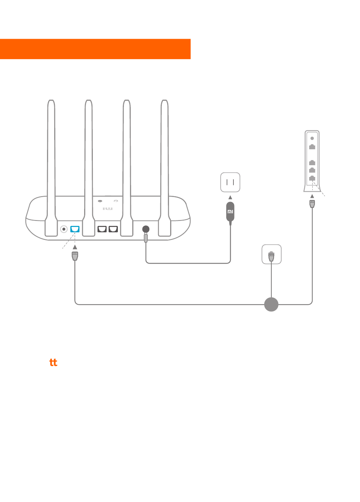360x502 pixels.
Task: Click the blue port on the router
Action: pyautogui.click(x=75, y=229)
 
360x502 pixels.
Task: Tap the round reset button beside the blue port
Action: pyautogui.click(x=64, y=229)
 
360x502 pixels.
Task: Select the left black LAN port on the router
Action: pyautogui.click(x=102, y=229)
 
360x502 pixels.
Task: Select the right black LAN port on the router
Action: pyautogui.click(x=113, y=229)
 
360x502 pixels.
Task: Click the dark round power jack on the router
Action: pyautogui.click(x=146, y=229)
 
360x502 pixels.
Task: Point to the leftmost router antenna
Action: pyautogui.click(x=51, y=168)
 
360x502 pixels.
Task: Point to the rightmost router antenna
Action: pyautogui.click(x=164, y=168)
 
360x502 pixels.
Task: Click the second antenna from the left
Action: pyautogui.click(x=89, y=168)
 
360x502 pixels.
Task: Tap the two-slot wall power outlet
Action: pyautogui.click(x=230, y=182)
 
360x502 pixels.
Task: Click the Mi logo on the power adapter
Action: pyautogui.click(x=230, y=212)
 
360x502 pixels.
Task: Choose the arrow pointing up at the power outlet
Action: pyautogui.click(x=230, y=197)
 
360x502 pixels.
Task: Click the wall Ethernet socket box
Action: pyautogui.click(x=271, y=254)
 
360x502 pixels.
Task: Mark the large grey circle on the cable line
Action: pyautogui.click(x=271, y=304)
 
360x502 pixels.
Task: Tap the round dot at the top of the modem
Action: pyautogui.click(x=312, y=138)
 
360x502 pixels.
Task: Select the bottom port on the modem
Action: pyautogui.click(x=312, y=178)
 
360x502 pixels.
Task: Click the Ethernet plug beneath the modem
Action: pyautogui.click(x=312, y=204)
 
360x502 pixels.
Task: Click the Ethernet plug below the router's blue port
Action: pyautogui.click(x=75, y=256)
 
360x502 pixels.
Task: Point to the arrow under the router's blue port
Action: pyautogui.click(x=75, y=247)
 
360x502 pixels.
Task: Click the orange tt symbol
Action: pyautogui.click(x=53, y=362)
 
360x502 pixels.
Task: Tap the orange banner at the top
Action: pyautogui.click(x=95, y=49)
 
